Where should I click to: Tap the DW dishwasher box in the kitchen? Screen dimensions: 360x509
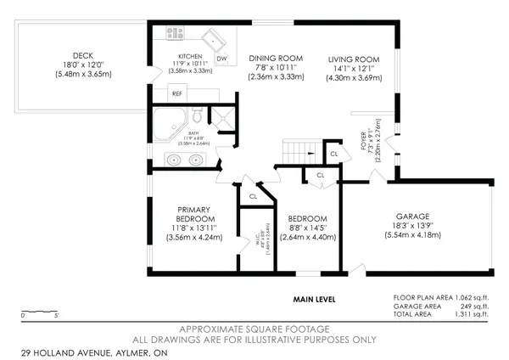pyautogui.click(x=221, y=59)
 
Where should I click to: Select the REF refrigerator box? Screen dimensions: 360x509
pyautogui.click(x=176, y=93)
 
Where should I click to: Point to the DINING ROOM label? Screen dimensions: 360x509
pyautogui.click(x=276, y=59)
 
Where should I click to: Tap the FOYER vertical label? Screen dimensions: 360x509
pyautogui.click(x=363, y=140)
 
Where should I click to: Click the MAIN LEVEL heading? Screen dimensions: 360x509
pyautogui.click(x=315, y=299)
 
